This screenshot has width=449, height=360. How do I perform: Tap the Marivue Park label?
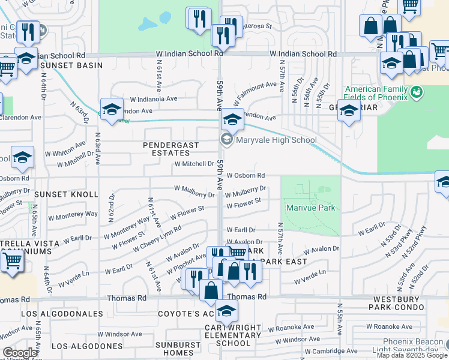310,209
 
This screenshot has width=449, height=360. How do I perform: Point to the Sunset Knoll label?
66,194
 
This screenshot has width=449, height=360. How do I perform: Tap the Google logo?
20,353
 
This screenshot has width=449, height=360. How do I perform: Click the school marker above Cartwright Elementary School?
226,311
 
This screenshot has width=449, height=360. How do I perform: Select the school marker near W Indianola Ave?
112,109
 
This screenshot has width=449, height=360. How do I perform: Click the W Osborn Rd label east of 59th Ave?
246,176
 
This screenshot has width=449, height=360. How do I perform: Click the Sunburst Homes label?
178,349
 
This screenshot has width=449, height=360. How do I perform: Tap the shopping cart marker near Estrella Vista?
12,261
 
